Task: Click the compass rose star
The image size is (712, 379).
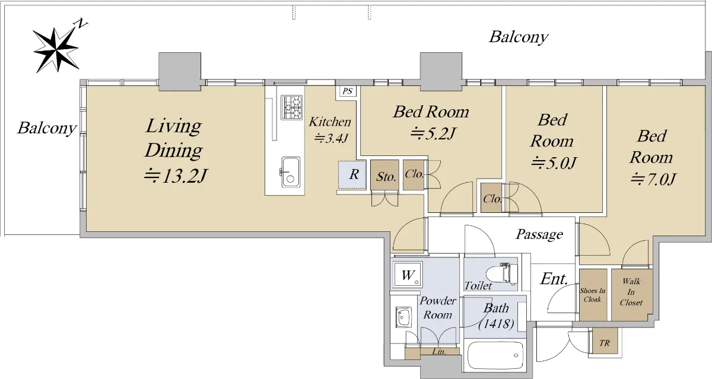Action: click(x=56, y=50)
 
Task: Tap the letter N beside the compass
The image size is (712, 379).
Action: click(x=81, y=23)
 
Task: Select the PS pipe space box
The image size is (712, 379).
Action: click(x=348, y=91)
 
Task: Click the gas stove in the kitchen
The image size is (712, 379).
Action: click(x=291, y=107)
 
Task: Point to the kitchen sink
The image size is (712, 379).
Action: click(x=290, y=172)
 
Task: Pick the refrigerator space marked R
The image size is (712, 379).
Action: click(x=352, y=175)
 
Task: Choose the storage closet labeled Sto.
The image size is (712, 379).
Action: click(x=384, y=176)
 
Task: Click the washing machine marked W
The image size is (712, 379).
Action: click(x=408, y=275)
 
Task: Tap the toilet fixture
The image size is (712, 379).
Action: click(x=501, y=273)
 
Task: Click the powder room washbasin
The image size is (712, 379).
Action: click(x=403, y=316)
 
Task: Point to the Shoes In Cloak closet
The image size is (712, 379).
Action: click(x=593, y=295)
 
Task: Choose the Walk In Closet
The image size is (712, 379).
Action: click(x=631, y=295)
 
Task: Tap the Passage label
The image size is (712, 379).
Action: click(x=539, y=235)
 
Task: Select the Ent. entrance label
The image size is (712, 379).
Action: click(x=554, y=279)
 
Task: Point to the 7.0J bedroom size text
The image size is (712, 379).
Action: click(x=653, y=179)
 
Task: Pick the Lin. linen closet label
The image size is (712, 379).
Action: click(x=439, y=351)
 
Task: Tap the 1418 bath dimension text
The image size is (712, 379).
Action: click(x=496, y=324)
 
